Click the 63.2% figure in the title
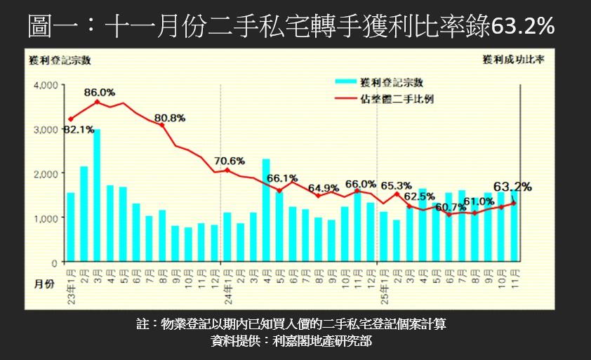click(523, 26)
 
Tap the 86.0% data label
click(100, 92)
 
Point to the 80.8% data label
click(170, 117)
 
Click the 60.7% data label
click(450, 208)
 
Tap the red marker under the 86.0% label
click(97, 102)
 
